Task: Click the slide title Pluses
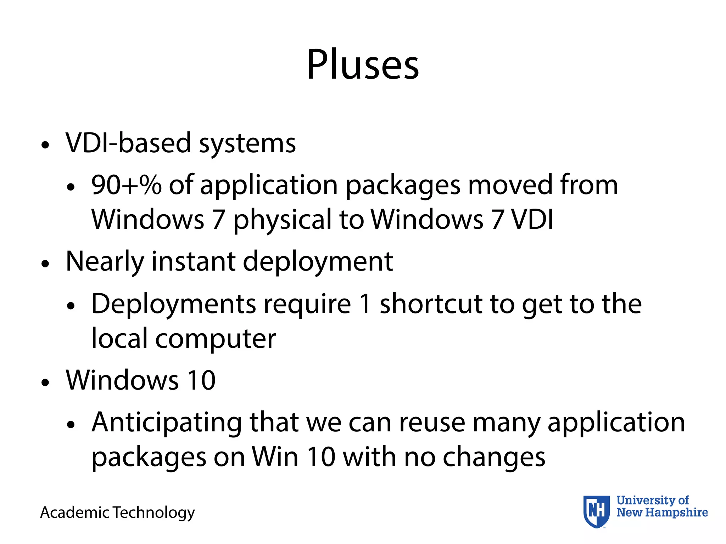tap(363, 65)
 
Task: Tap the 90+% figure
tap(126, 185)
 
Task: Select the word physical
tap(282, 220)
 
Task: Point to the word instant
tap(193, 261)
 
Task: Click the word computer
tap(215, 339)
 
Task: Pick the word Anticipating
tap(167, 423)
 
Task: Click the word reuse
tap(432, 423)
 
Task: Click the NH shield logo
tap(597, 511)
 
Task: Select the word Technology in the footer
tap(154, 512)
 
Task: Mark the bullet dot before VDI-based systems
tap(45, 145)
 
